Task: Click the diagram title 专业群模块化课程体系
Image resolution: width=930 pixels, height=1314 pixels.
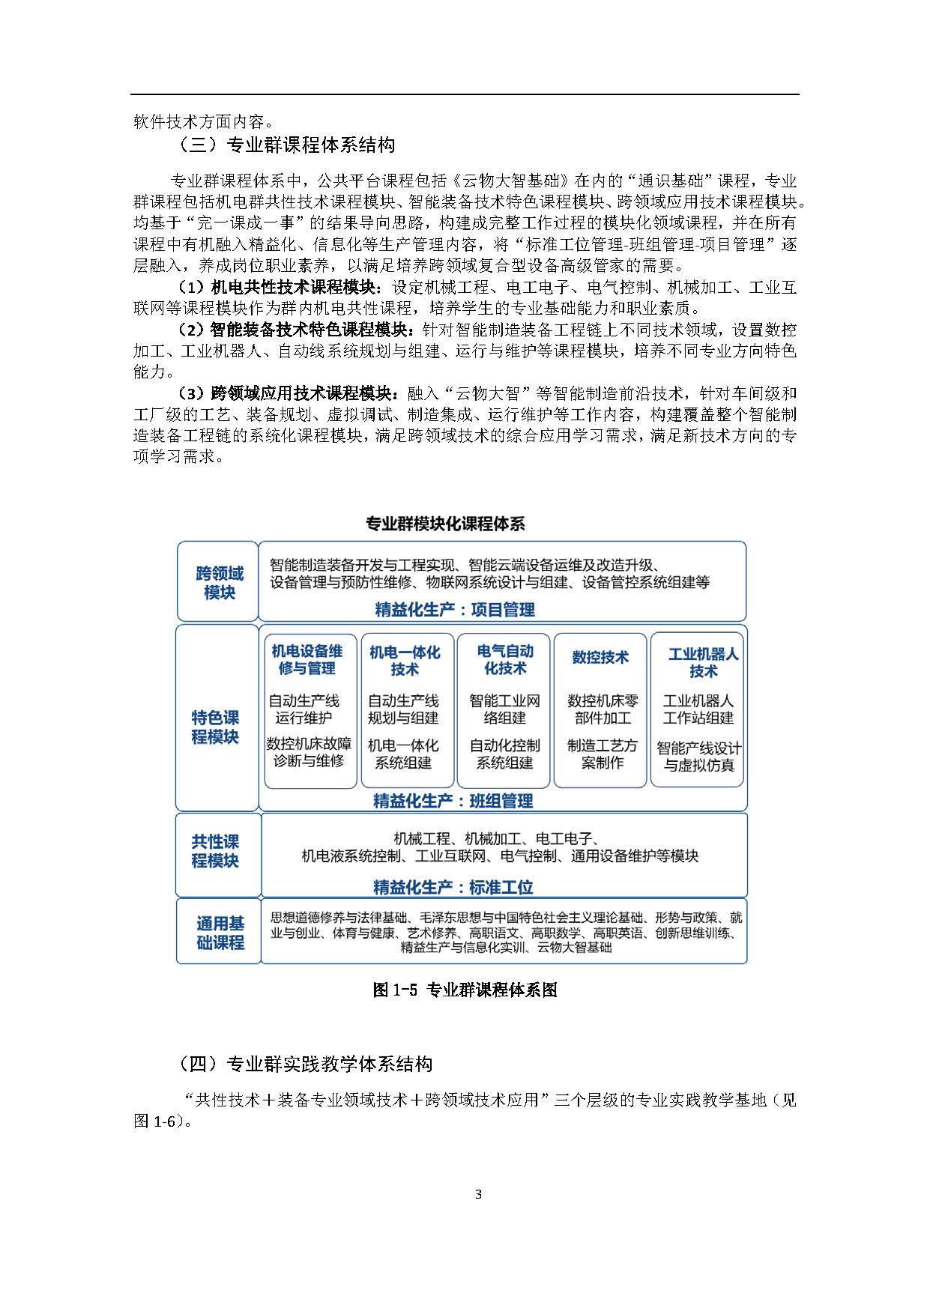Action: click(x=445, y=524)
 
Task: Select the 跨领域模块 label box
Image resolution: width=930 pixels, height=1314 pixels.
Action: click(x=219, y=583)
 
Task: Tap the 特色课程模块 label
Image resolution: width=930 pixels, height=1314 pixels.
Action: click(x=215, y=727)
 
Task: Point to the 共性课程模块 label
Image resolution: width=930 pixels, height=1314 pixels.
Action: click(x=215, y=851)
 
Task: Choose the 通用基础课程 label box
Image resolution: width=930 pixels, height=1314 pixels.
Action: click(x=220, y=933)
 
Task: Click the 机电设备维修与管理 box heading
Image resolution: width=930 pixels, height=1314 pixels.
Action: click(x=307, y=659)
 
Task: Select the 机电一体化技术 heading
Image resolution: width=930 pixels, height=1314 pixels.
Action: click(x=405, y=661)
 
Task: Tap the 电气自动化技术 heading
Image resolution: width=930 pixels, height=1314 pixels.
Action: click(x=505, y=659)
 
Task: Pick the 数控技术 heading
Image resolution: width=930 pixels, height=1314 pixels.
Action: click(x=600, y=657)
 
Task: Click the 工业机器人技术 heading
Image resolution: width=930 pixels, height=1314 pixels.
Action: click(x=702, y=662)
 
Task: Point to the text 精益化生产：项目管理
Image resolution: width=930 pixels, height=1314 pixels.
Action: click(x=455, y=610)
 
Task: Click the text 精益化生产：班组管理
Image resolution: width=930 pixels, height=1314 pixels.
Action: click(x=453, y=801)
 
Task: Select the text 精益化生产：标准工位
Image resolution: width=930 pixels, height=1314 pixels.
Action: click(x=453, y=888)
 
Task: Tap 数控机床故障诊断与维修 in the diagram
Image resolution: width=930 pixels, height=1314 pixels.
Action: click(x=308, y=753)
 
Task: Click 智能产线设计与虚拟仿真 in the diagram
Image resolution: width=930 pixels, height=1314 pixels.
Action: click(x=698, y=757)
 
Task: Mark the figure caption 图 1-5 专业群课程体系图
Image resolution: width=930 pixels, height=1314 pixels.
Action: click(x=465, y=990)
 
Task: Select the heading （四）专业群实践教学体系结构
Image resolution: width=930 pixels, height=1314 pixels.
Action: click(x=306, y=1064)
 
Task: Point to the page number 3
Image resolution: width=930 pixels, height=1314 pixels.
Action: click(x=478, y=1194)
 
